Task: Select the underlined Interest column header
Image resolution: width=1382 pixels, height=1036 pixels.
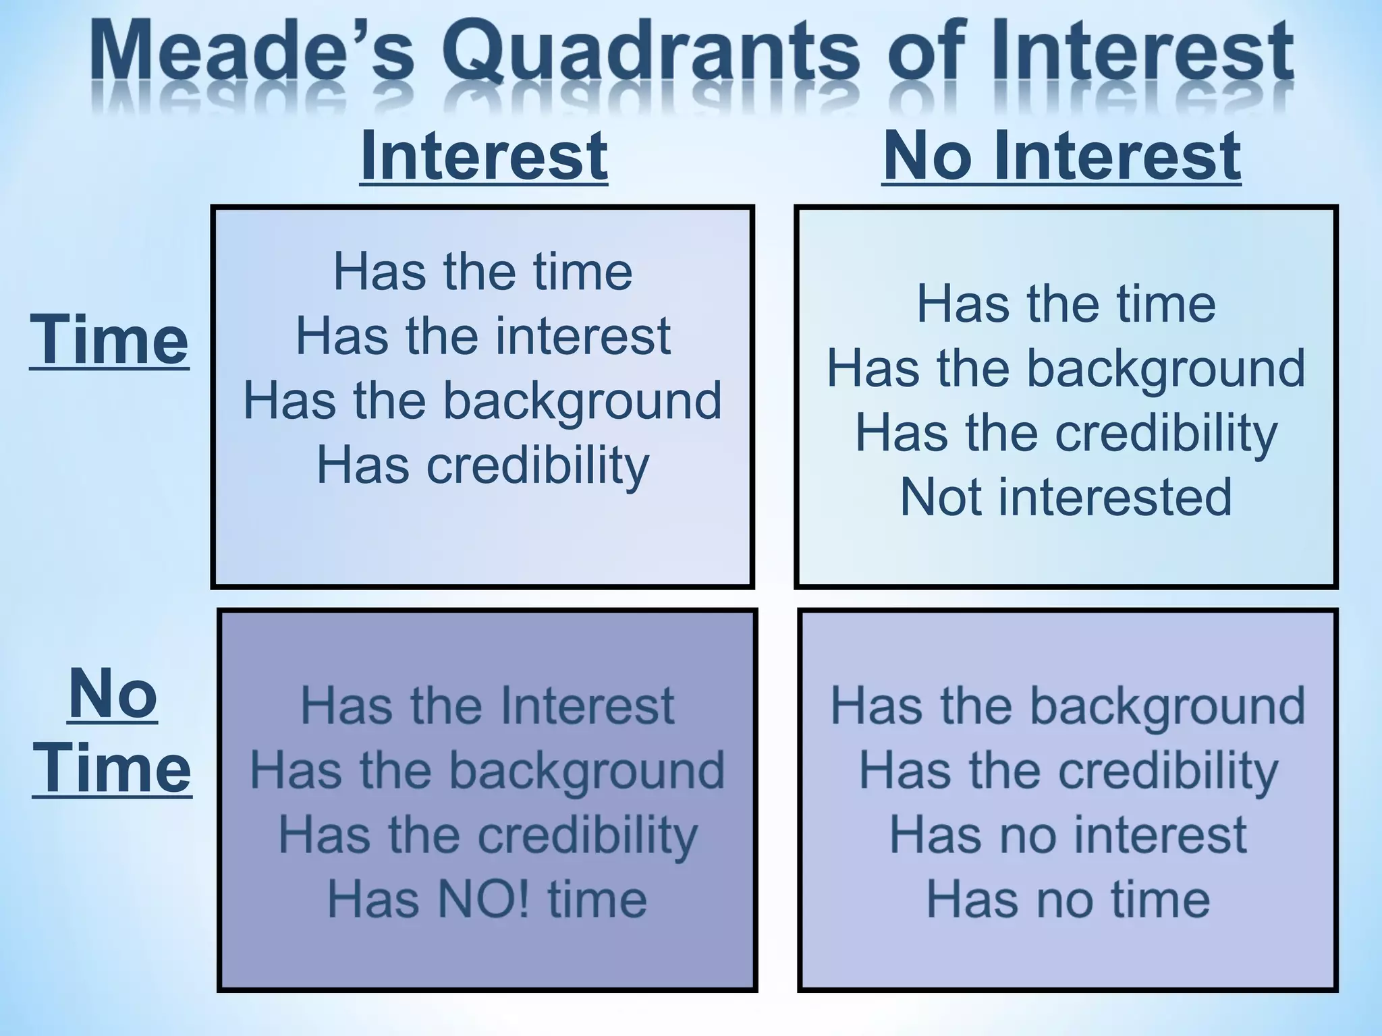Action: point(483,156)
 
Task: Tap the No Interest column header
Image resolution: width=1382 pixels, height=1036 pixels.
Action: point(1061,156)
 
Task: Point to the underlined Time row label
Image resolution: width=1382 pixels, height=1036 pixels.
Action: point(109,340)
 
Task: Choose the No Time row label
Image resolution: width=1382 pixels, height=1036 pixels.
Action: point(112,731)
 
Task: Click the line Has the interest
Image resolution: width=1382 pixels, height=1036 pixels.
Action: point(483,336)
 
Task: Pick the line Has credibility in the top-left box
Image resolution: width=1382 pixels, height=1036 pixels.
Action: point(483,465)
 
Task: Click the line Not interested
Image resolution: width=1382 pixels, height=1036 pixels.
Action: point(1066,498)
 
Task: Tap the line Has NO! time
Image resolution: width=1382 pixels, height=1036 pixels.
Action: point(487,900)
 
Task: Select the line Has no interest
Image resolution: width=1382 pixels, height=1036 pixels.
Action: point(1068,835)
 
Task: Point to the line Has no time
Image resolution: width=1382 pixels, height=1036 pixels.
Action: point(1068,900)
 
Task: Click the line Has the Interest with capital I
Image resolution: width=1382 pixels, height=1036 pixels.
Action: point(487,706)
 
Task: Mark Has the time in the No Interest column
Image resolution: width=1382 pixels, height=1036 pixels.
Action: point(1066,304)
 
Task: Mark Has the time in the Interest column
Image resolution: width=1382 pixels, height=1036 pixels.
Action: point(483,272)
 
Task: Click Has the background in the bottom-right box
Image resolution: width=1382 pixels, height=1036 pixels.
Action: point(1068,706)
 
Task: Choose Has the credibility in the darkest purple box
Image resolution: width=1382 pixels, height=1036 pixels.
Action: point(487,835)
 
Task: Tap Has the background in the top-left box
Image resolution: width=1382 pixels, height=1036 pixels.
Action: point(483,401)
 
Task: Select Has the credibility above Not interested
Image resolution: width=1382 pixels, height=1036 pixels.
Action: point(1066,433)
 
